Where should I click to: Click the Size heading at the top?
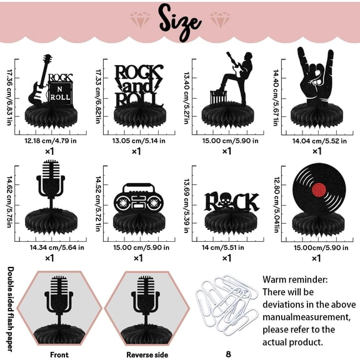[x=179, y=19]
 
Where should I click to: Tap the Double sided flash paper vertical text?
[x=11, y=306]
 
